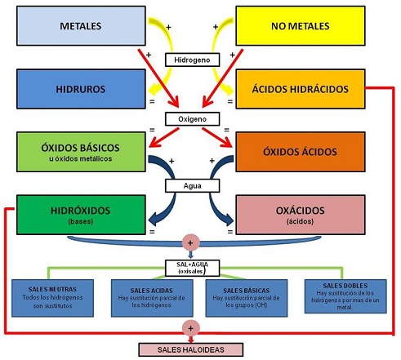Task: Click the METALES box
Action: tap(81, 26)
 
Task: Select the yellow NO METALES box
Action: tap(301, 26)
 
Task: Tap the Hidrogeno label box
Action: tap(192, 60)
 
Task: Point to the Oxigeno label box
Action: tap(192, 119)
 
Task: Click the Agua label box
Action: tap(192, 186)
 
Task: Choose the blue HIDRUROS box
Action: tap(81, 89)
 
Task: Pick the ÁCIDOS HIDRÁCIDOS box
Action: tap(301, 89)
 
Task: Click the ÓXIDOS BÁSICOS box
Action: tap(81, 152)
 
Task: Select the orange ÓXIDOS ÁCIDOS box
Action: tap(301, 152)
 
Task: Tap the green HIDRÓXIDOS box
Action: tap(81, 215)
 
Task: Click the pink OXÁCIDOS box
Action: tap(301, 215)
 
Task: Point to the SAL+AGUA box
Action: tap(192, 268)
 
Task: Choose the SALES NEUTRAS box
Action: tap(52, 298)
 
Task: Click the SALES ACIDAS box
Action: tap(152, 298)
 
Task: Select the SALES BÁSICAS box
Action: tap(247, 298)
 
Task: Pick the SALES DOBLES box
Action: tap(345, 296)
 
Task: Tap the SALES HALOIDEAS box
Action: tap(191, 349)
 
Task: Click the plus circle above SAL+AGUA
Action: tap(190, 242)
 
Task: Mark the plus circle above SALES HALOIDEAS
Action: tap(191, 328)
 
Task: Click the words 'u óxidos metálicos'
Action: tap(81, 158)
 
